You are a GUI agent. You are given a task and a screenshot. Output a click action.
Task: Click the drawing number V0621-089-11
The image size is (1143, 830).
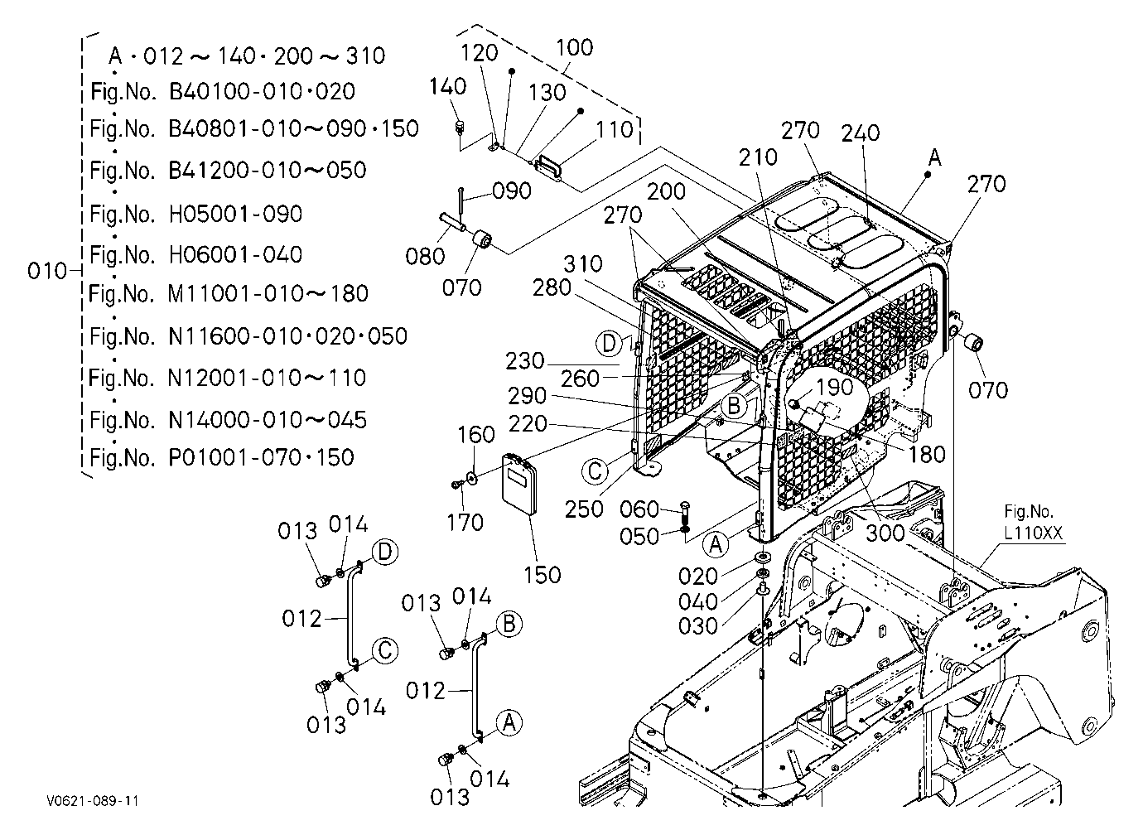93,800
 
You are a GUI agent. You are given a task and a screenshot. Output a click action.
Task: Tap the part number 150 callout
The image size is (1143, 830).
543,575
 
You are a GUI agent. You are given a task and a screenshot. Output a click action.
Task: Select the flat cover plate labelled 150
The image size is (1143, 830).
520,484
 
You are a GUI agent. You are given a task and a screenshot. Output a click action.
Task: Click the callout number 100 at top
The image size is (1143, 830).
575,47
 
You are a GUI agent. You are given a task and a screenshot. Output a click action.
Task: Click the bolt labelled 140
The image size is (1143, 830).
461,127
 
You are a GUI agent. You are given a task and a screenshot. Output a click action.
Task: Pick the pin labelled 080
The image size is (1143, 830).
452,223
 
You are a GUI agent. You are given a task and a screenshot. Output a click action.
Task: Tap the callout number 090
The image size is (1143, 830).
512,191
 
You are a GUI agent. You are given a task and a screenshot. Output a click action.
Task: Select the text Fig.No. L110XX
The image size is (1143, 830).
1034,522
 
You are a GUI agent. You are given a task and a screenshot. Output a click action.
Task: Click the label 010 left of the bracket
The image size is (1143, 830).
47,271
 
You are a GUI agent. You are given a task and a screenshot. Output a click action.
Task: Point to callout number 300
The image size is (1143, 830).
885,533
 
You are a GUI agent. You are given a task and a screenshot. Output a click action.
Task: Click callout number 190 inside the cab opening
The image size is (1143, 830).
835,388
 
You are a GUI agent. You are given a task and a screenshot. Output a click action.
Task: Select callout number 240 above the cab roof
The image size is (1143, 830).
861,133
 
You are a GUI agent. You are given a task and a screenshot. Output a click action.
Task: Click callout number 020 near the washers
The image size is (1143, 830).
698,577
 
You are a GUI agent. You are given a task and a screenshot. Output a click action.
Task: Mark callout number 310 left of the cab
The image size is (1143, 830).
583,264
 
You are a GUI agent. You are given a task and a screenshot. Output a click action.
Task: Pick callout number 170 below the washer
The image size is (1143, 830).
465,522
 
